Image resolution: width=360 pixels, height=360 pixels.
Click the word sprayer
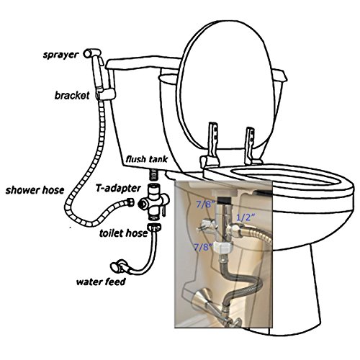60,55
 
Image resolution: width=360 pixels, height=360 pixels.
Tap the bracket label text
72,96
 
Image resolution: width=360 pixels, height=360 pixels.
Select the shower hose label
35,190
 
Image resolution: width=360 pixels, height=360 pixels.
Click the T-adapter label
118,188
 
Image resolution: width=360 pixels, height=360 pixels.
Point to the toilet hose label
123,233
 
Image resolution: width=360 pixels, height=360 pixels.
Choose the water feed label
101,282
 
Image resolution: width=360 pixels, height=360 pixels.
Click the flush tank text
147,159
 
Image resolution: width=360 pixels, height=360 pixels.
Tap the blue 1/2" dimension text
246,217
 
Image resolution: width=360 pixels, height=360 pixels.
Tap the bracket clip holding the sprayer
106,94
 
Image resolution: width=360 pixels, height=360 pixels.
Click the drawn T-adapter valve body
154,202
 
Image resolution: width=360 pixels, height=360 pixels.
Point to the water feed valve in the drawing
119,266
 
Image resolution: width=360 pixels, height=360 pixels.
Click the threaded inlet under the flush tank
153,174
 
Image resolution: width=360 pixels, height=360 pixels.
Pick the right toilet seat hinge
251,146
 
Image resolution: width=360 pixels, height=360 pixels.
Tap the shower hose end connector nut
130,202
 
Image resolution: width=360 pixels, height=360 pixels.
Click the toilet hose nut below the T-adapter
154,227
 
